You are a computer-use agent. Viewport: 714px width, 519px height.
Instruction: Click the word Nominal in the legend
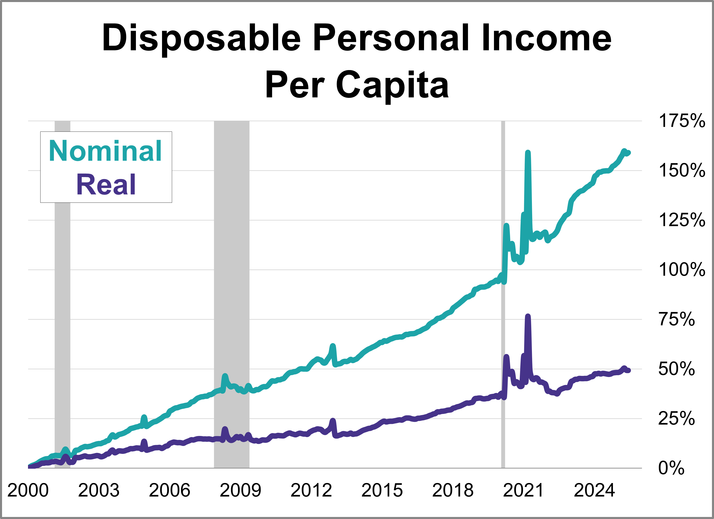point(105,151)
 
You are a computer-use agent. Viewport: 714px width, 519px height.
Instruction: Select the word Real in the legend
point(106,185)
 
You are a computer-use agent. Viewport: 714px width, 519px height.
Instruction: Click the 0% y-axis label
point(671,468)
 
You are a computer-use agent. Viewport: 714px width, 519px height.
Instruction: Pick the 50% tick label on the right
point(676,369)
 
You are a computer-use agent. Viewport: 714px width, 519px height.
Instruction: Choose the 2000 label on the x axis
point(28,490)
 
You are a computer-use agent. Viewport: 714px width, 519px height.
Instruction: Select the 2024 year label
point(594,490)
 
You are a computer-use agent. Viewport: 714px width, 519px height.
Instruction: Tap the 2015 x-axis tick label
point(382,490)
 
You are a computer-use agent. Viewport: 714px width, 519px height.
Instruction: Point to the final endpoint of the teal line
point(629,153)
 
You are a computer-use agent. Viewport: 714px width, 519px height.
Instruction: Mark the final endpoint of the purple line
point(629,371)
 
